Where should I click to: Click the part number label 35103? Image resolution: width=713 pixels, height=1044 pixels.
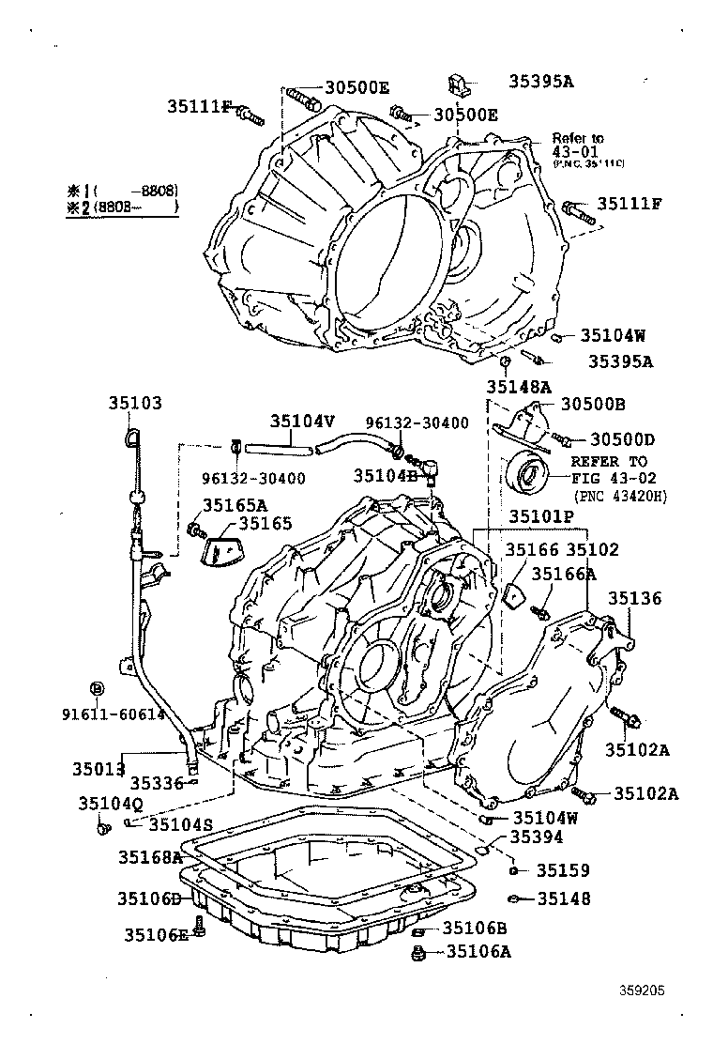tap(134, 404)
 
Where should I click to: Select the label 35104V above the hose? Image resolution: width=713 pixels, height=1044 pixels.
tap(302, 422)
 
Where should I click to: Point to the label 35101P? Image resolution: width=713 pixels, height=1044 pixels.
tap(541, 516)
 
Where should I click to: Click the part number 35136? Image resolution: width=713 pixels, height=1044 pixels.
tap(633, 598)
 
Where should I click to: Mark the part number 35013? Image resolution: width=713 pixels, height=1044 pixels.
tap(99, 769)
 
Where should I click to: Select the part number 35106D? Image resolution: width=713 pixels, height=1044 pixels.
tap(148, 898)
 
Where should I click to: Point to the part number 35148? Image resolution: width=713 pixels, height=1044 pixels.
tap(564, 898)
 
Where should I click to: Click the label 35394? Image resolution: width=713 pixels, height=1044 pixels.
tap(537, 837)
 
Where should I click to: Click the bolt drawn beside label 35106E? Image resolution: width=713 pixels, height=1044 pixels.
tap(199, 929)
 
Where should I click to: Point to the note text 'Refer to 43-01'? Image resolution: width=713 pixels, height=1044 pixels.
tap(578, 144)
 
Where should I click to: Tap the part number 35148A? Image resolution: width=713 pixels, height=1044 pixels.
tap(518, 386)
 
